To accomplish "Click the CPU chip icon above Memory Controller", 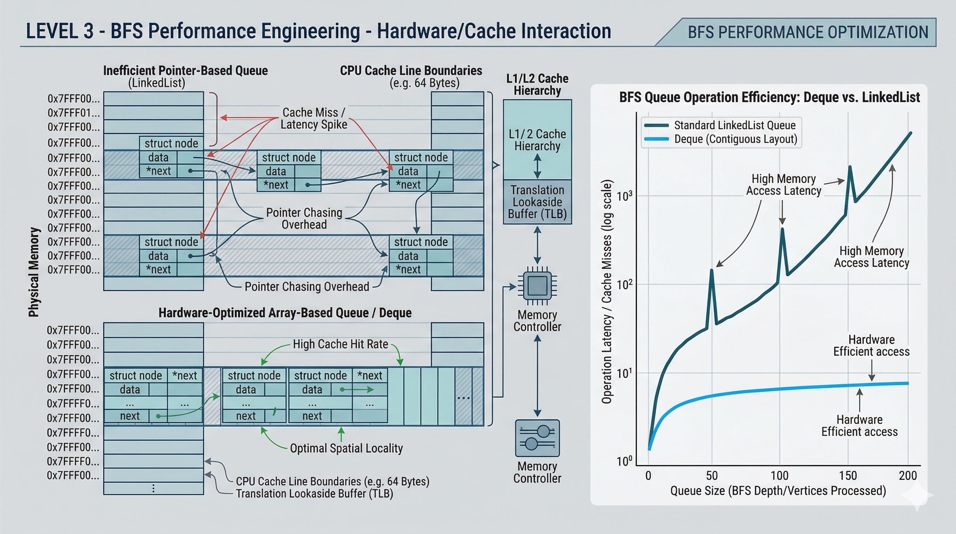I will click(537, 285).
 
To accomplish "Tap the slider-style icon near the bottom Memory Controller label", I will click(537, 438).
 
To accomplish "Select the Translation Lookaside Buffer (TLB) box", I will click(537, 202).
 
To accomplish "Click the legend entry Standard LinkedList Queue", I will click(734, 125).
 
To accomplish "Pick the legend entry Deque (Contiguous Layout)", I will click(735, 139).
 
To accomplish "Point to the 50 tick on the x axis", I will click(712, 476).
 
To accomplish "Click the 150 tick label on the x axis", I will click(848, 476).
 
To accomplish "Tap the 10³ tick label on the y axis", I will click(624, 196).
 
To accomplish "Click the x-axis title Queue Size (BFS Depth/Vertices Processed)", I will click(778, 491).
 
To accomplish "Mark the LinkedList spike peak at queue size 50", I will click(711, 270).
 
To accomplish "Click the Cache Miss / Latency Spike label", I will click(314, 118).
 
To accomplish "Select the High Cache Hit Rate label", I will click(340, 344).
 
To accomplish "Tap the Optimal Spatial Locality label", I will click(346, 448).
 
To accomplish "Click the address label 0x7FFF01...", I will click(74, 113).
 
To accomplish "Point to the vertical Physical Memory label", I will click(34, 272).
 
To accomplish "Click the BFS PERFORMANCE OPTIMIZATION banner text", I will click(808, 32).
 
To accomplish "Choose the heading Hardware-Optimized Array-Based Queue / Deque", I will click(285, 313).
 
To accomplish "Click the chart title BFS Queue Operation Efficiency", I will click(769, 97).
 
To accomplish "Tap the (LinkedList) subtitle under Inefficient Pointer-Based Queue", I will click(157, 83).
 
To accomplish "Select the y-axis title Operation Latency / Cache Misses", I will click(607, 291).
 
